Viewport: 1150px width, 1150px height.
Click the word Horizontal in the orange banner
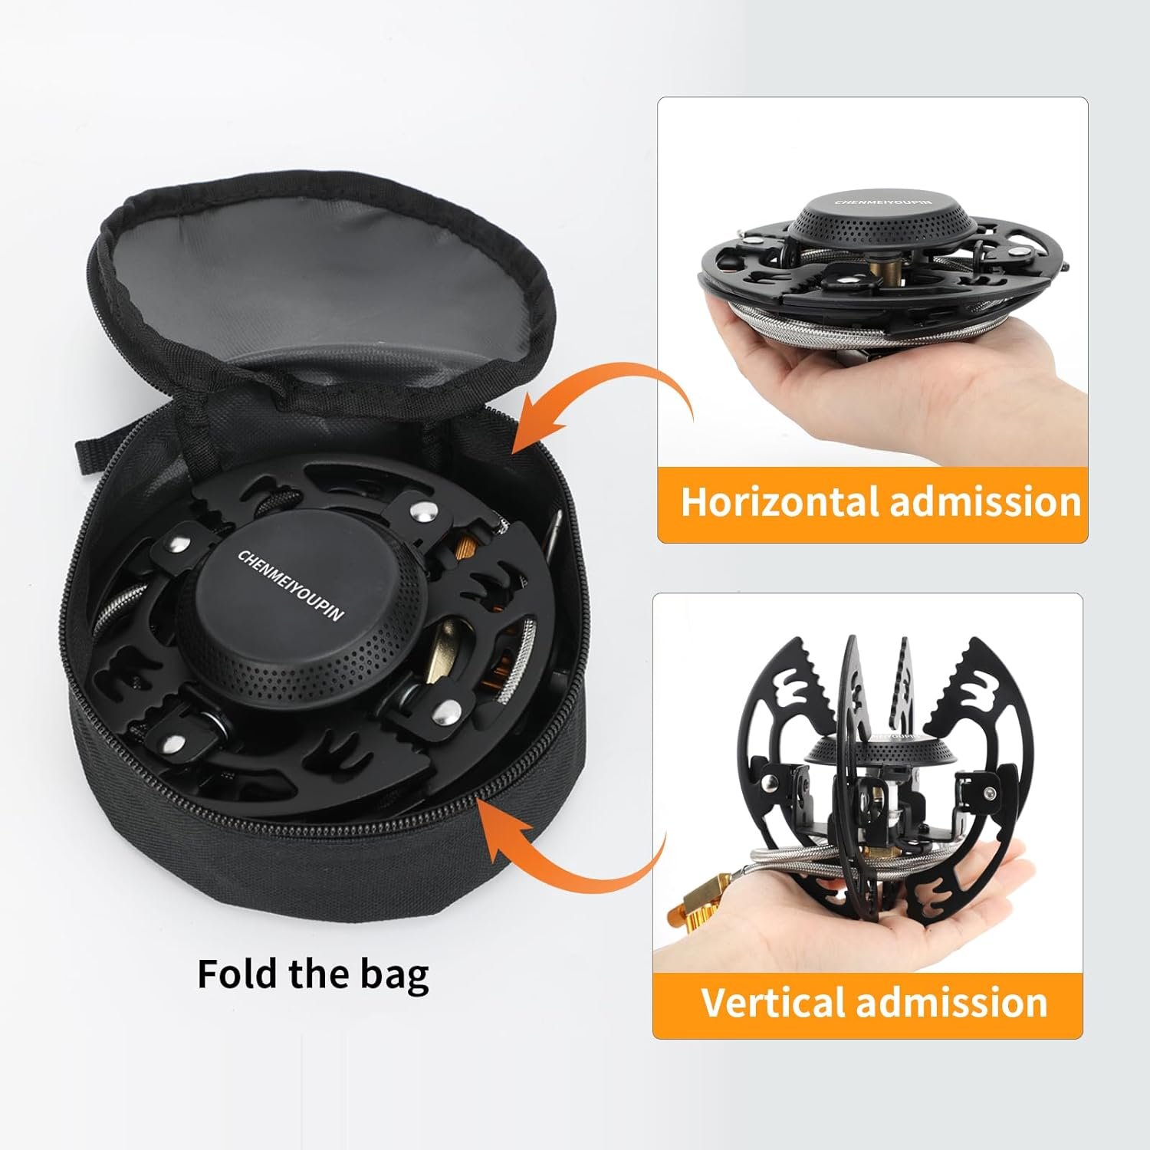pos(780,502)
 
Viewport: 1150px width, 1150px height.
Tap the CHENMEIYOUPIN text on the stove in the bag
pos(291,584)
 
